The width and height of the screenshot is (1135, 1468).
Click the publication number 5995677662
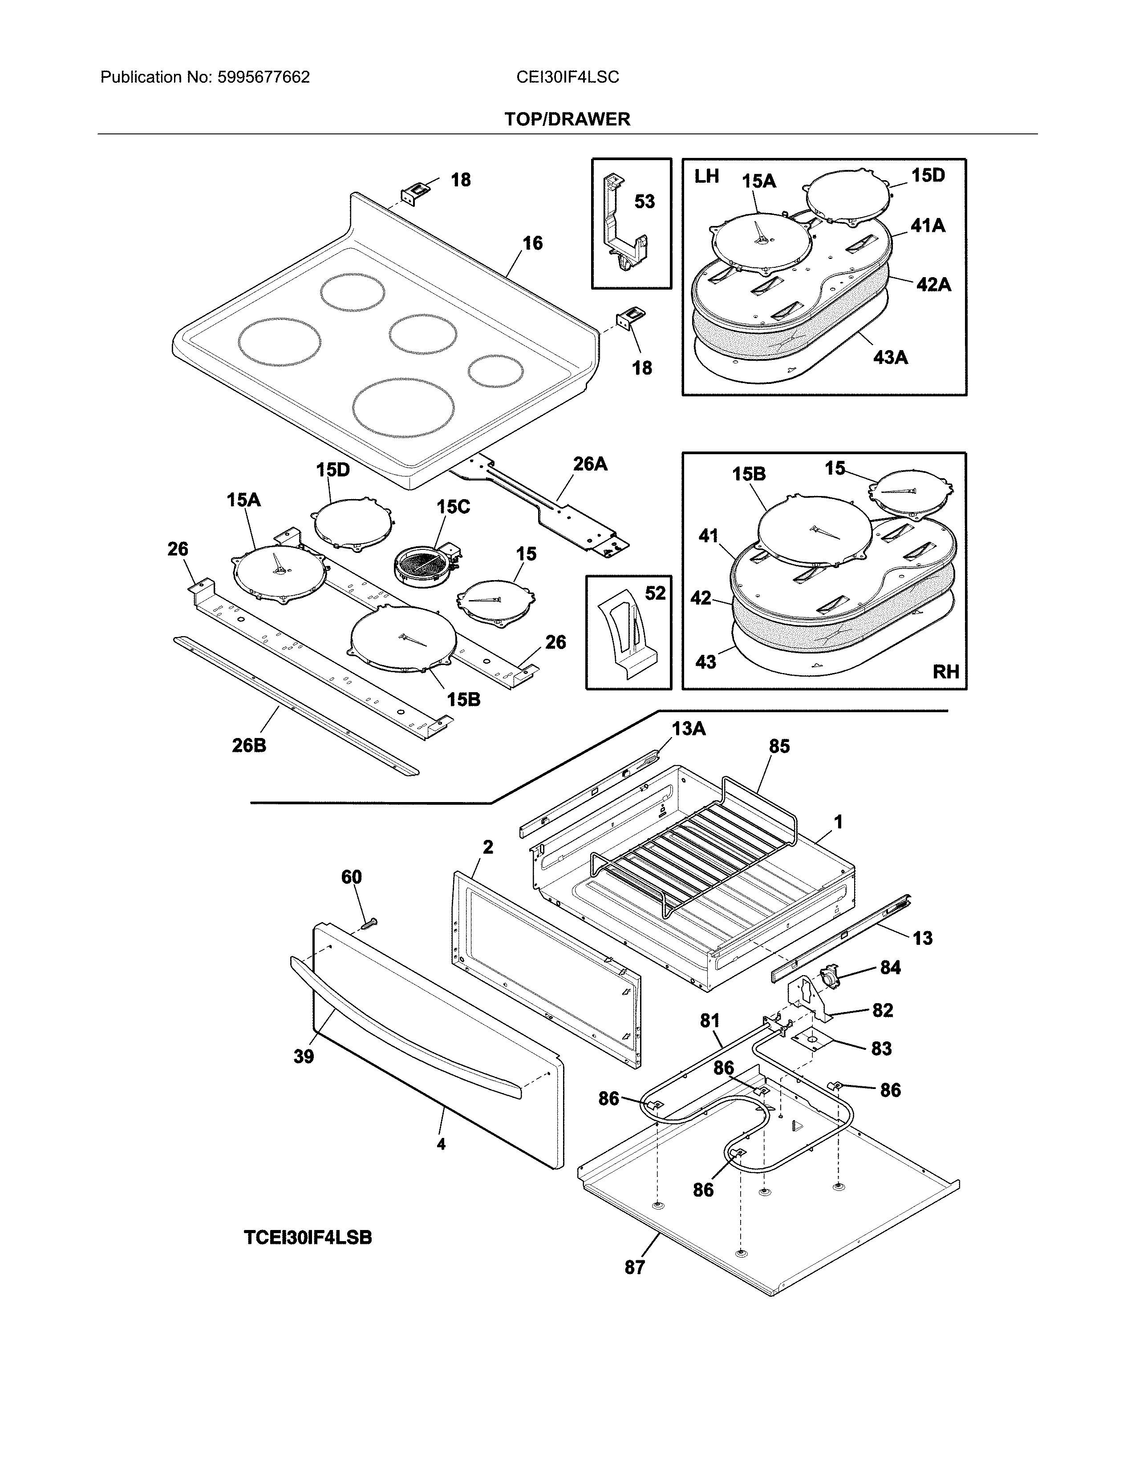263,77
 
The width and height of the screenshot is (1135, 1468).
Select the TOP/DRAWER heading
567,120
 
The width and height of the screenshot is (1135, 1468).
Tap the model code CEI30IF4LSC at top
567,77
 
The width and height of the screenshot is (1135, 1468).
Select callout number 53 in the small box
644,202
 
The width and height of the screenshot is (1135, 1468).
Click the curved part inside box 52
627,635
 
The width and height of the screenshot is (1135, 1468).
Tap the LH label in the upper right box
707,177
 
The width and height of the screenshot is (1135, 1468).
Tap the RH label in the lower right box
945,671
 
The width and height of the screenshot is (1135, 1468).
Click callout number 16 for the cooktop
532,243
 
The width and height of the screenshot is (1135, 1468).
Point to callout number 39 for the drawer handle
304,1057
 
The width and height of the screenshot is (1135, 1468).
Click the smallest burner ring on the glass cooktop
495,372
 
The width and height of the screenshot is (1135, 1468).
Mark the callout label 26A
590,464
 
